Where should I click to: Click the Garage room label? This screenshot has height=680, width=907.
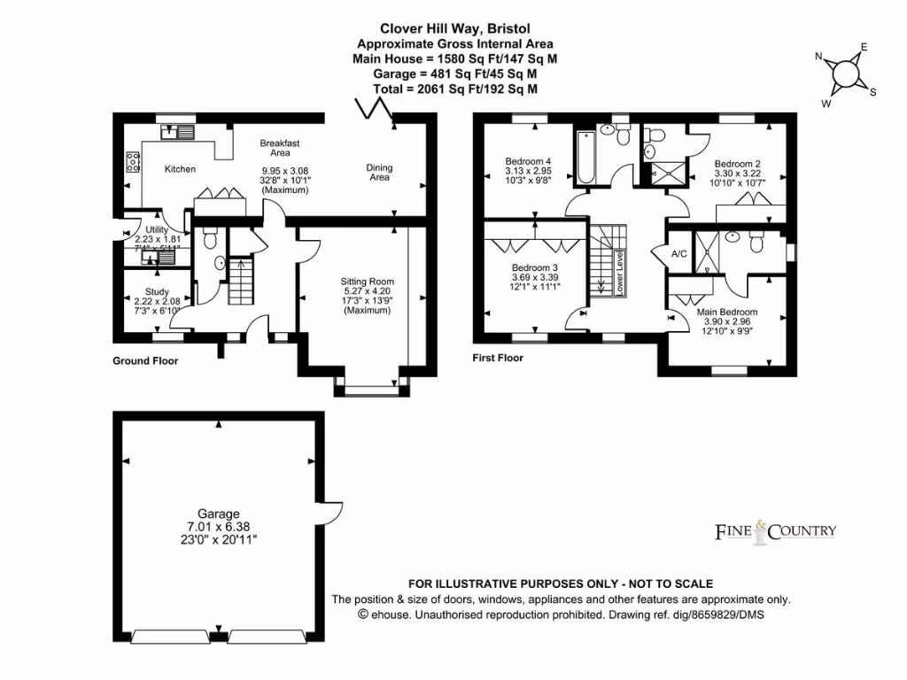click(218, 514)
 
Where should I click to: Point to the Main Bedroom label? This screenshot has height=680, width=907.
click(726, 312)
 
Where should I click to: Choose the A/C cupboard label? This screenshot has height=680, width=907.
click(679, 254)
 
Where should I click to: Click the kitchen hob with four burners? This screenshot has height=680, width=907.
click(134, 162)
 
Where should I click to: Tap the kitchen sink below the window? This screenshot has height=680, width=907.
click(178, 133)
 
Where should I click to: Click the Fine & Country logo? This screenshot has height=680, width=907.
click(775, 531)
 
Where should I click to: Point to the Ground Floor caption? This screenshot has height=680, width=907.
click(145, 361)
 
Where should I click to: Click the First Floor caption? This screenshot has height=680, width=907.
click(498, 359)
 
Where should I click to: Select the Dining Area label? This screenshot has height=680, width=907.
click(379, 173)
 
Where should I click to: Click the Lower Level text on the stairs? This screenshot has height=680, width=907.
click(621, 274)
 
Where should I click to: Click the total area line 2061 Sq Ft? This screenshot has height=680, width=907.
click(456, 89)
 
